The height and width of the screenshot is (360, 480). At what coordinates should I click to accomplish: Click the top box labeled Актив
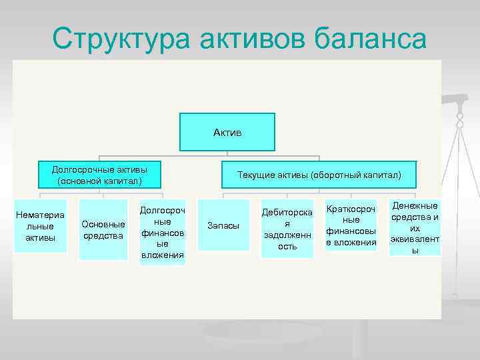point(227,132)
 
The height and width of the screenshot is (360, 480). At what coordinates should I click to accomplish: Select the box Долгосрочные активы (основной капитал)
point(99,175)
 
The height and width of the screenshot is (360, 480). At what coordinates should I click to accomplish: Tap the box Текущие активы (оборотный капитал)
point(319,175)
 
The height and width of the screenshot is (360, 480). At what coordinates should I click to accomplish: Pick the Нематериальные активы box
point(41,226)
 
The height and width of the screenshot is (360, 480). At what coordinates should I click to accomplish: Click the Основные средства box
point(103,229)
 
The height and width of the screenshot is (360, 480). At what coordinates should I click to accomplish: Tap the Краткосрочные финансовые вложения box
point(351,226)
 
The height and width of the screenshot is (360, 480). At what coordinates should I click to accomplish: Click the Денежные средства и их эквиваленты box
point(415,227)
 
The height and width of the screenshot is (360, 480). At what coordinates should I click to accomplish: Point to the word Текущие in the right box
point(254,175)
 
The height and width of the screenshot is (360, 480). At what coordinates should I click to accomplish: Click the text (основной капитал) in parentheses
point(99,181)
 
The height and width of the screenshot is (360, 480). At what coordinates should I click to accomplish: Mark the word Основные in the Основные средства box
point(103,224)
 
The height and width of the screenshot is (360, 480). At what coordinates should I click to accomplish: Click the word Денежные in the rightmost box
point(415,205)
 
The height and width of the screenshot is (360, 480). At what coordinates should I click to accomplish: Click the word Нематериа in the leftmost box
point(41,215)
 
